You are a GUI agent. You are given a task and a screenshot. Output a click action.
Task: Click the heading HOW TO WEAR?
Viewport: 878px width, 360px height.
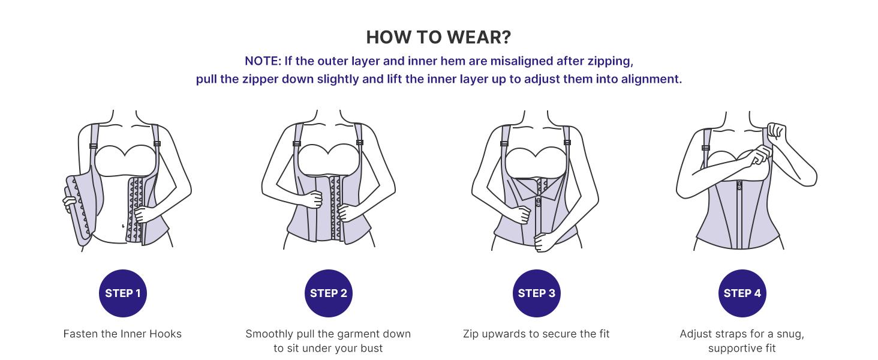tap(438, 37)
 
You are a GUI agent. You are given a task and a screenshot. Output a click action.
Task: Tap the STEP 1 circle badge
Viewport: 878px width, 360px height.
tap(122, 293)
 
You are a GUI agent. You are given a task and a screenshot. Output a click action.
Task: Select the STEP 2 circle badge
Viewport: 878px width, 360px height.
tap(328, 293)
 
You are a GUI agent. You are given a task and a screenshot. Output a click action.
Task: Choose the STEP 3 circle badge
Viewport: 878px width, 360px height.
tap(536, 293)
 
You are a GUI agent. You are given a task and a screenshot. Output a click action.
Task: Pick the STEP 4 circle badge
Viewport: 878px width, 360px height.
tap(742, 293)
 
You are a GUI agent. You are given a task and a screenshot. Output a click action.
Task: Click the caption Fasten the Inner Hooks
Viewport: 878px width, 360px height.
tap(122, 334)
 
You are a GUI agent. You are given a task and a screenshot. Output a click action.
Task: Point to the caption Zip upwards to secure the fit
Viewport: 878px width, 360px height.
tap(536, 334)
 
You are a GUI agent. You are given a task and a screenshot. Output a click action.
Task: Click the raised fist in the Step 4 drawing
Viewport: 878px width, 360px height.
tap(777, 131)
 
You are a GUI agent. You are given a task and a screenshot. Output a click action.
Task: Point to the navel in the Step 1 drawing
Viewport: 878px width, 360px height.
tap(123, 226)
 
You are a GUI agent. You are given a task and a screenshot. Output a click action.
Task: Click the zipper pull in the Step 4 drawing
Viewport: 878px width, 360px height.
tap(739, 185)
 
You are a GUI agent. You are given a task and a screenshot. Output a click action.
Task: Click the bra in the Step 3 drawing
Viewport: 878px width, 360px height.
tap(536, 161)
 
